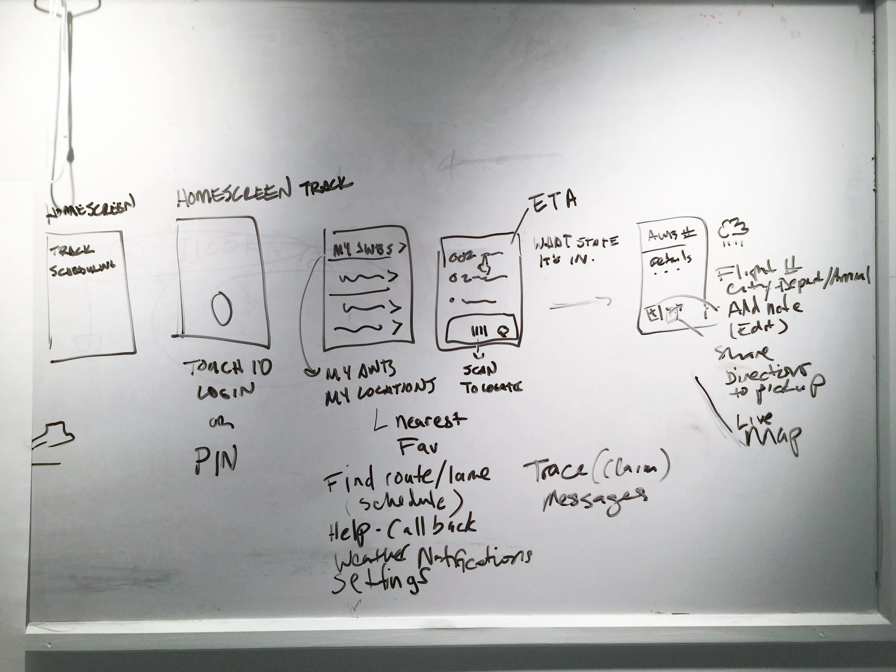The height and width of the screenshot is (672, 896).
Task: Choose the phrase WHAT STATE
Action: [575, 243]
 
